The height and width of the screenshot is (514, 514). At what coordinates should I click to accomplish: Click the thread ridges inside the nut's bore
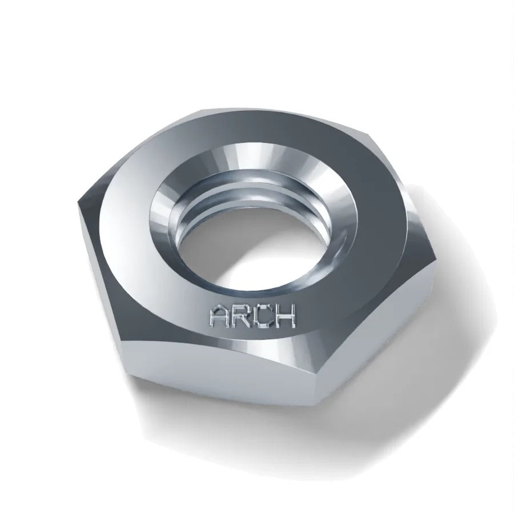click(249, 196)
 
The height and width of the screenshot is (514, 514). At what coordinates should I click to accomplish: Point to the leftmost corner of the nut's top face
click(78, 202)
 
